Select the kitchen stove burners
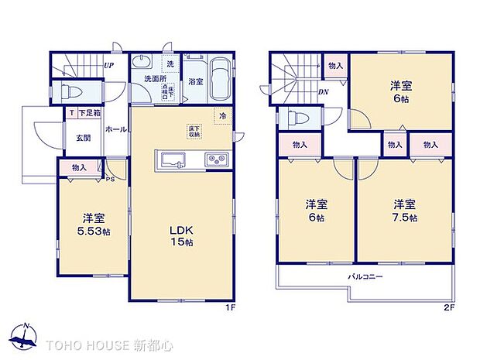tap(216, 160)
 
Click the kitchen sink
tap(170, 160)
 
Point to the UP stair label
tap(109, 66)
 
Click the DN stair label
tap(323, 91)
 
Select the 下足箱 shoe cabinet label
tap(87, 114)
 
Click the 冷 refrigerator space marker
tap(223, 116)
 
